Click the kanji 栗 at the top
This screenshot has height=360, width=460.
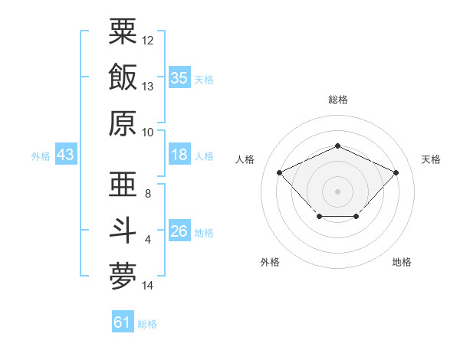[123, 31]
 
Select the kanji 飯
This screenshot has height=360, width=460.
[123, 77]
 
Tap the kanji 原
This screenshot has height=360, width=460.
[123, 123]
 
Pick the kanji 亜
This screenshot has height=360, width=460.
[123, 184]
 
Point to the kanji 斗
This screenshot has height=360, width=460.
[123, 231]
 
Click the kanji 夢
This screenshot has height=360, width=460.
[123, 277]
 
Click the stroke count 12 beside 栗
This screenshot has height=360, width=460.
[147, 41]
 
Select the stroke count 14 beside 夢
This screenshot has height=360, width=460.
[147, 286]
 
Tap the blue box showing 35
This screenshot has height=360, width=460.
[179, 77]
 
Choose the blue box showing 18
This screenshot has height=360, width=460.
[179, 154]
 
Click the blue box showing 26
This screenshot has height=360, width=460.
[179, 230]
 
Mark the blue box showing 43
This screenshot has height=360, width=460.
[66, 154]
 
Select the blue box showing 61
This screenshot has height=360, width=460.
[123, 321]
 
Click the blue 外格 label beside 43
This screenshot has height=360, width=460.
[41, 156]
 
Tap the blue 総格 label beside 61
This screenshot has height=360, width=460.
[147, 324]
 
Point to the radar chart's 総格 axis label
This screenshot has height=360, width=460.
[338, 100]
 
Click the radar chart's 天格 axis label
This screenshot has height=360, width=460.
[431, 159]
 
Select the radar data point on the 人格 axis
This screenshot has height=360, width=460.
[279, 172]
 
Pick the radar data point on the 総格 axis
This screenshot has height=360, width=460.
[337, 146]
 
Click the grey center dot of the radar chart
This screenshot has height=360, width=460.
[337, 191]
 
